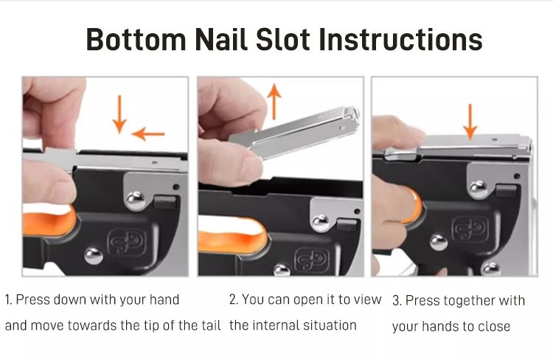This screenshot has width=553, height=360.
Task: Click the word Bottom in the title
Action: click(x=136, y=39)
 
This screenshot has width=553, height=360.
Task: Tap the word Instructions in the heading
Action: click(x=400, y=39)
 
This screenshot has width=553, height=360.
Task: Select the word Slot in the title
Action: click(x=283, y=39)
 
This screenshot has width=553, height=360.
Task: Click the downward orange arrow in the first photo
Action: click(x=119, y=114)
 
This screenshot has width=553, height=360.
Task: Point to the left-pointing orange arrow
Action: click(x=148, y=134)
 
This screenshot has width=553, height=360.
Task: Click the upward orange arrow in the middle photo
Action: click(x=274, y=102)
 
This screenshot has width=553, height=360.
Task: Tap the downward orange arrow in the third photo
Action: click(x=470, y=122)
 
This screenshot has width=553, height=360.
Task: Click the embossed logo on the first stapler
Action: click(x=126, y=242)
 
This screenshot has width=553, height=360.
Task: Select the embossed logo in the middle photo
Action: click(x=312, y=261)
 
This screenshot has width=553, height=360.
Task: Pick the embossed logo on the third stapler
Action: click(x=470, y=229)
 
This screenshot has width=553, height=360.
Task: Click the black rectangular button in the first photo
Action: click(x=165, y=202)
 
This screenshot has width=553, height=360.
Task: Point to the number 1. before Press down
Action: click(x=8, y=300)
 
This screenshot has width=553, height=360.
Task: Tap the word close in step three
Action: click(x=494, y=326)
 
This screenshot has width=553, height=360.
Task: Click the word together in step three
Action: click(x=466, y=301)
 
